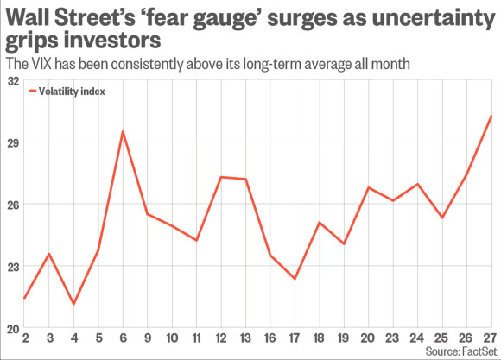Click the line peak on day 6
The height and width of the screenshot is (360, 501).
coord(123,131)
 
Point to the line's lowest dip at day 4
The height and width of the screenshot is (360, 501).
coord(73,304)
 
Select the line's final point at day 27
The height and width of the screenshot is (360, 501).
coord(491,116)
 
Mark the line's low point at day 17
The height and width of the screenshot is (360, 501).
coord(295,279)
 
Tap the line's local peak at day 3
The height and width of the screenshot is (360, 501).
coord(49,254)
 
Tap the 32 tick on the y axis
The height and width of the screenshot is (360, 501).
coord(12,80)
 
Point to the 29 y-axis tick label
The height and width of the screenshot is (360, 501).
coord(12,142)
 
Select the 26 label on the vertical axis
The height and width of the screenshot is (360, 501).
coord(12,205)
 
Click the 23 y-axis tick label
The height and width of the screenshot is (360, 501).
coord(12,267)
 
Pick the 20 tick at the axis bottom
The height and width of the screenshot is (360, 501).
coord(12,328)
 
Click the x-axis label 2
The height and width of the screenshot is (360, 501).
coord(25,338)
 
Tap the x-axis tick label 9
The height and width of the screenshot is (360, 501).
coord(148,338)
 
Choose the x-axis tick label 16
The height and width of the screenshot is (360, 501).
coord(270,338)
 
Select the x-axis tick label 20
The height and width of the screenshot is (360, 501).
coord(369,338)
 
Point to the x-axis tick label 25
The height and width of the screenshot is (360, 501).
coord(442,338)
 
